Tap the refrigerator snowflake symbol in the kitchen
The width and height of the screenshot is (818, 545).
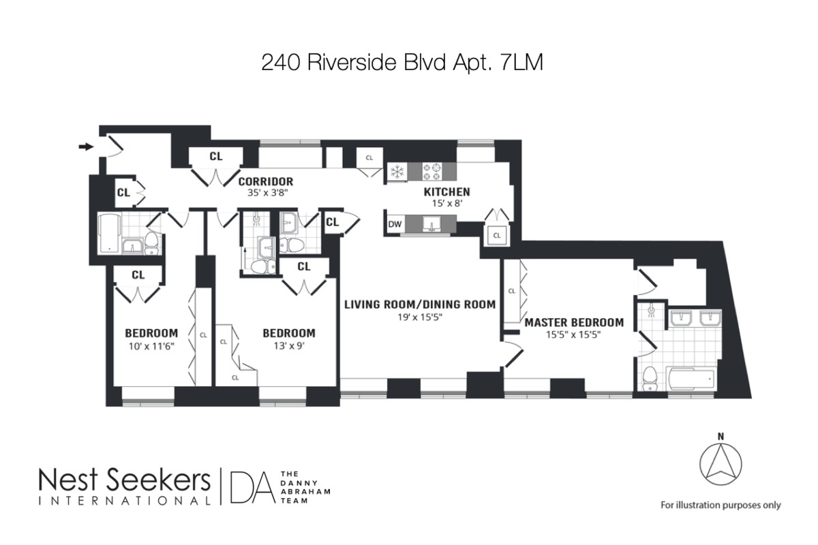(397, 170)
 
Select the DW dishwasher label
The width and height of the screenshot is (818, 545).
(395, 224)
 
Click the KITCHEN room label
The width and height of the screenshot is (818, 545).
(446, 191)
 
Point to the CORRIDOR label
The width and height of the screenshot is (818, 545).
(266, 181)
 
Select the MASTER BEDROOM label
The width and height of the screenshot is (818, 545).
(574, 322)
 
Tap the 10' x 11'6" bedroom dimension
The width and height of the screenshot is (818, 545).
(151, 345)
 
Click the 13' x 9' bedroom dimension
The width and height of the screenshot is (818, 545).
(289, 345)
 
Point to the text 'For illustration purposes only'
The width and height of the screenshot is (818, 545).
(721, 505)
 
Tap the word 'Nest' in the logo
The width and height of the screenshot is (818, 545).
(68, 480)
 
